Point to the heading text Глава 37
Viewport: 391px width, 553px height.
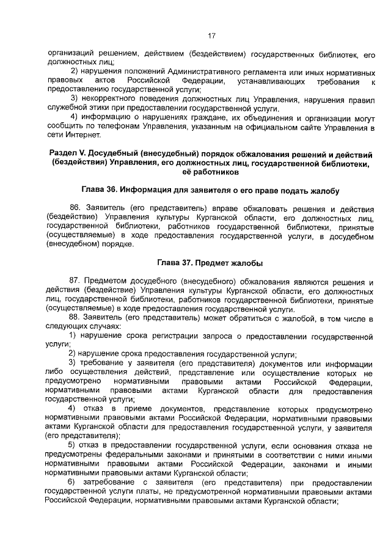pyautogui.click(x=178, y=263)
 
